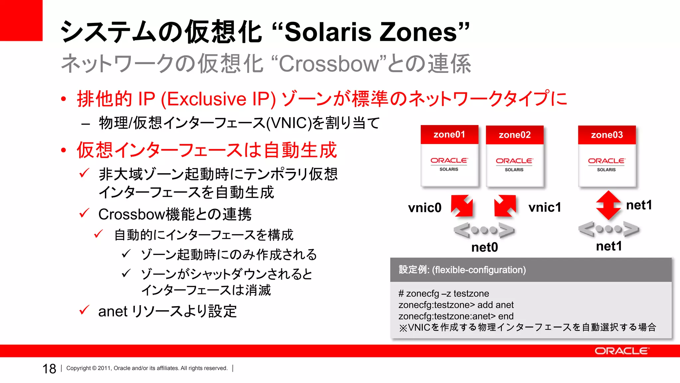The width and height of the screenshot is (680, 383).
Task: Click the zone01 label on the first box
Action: tap(449, 135)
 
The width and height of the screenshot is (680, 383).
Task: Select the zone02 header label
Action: tap(514, 135)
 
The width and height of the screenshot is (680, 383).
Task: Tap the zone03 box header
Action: tap(607, 135)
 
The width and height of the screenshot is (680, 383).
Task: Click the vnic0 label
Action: tap(425, 208)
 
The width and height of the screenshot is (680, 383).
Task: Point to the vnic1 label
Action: tap(545, 207)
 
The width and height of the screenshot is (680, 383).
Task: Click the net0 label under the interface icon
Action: tap(484, 247)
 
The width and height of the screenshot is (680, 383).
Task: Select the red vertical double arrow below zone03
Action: tap(608, 205)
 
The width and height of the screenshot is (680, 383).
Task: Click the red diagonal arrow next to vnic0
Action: tap(462, 206)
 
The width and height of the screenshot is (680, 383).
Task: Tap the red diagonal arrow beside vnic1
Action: tap(505, 206)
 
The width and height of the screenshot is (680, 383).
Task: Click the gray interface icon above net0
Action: tap(484, 230)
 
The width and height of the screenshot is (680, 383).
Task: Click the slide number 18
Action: tap(49, 369)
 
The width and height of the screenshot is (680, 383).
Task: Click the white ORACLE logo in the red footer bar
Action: tap(621, 351)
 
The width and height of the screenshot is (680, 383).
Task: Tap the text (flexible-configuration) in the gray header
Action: tap(479, 270)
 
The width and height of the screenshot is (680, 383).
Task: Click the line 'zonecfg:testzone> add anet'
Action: tap(456, 305)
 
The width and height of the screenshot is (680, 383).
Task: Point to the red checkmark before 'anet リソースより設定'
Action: tap(84, 310)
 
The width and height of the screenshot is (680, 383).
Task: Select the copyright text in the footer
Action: tap(147, 368)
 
